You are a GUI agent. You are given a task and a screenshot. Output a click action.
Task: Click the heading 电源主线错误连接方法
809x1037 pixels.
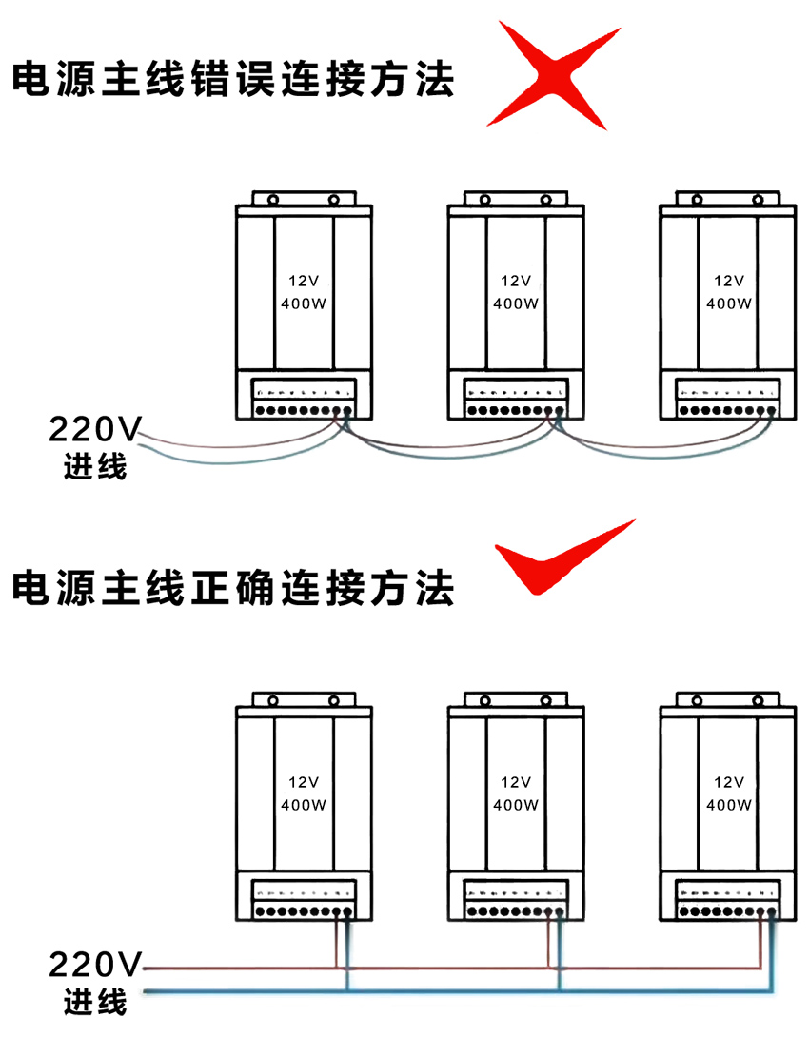[233, 79]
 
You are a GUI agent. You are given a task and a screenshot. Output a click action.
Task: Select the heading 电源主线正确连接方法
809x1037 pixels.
[233, 587]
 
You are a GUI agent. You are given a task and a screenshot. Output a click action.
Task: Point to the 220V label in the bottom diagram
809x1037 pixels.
[93, 966]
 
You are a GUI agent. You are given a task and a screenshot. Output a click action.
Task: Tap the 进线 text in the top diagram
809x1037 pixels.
[95, 467]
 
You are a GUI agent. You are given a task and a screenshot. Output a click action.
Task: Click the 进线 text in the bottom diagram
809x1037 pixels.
[95, 1002]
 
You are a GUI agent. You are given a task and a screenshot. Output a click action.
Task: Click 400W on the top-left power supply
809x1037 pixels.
[304, 304]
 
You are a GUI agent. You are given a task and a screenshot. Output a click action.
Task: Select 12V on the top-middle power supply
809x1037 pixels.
[516, 281]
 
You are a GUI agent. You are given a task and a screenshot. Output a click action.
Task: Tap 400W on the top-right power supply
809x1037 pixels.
[728, 304]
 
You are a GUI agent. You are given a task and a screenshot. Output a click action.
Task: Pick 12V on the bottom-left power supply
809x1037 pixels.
[304, 782]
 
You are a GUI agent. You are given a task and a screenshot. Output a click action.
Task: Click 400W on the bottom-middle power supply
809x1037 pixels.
[516, 805]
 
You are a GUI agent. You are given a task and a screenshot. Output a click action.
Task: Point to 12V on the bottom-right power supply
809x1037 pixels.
[728, 782]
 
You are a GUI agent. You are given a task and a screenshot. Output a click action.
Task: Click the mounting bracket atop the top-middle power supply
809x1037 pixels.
[516, 200]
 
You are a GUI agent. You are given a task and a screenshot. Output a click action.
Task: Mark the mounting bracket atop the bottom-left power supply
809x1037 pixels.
[304, 700]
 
